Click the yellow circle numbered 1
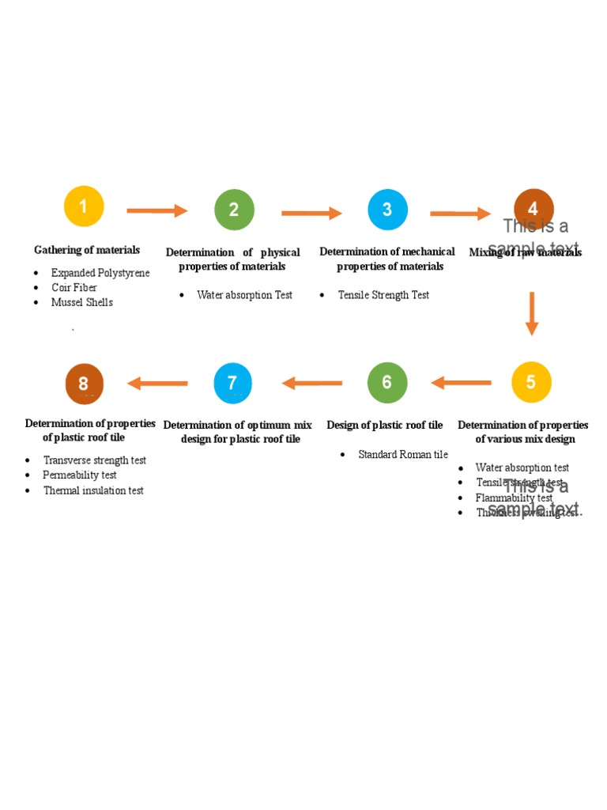[84, 208]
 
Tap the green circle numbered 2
[234, 210]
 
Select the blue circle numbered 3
[387, 210]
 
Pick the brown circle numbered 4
[533, 209]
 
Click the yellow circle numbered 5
[531, 382]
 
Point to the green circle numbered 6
[387, 382]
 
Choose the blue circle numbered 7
[233, 383]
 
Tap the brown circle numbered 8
[84, 384]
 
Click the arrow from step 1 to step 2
[157, 210]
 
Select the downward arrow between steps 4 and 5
[532, 313]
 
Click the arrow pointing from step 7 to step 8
[158, 384]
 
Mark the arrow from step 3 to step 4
[461, 214]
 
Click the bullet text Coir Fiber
[74, 288]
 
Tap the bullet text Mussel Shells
[82, 302]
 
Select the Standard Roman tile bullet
[403, 455]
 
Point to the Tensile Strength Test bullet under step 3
[383, 295]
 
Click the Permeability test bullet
[80, 475]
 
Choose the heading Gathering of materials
[87, 250]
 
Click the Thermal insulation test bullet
[93, 490]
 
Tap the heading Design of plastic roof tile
[385, 426]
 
